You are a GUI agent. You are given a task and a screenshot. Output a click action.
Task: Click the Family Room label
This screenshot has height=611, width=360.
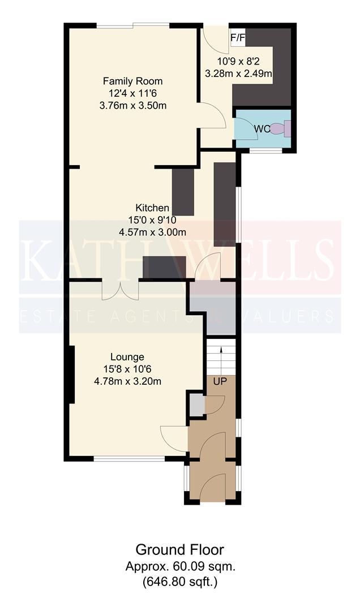(132, 81)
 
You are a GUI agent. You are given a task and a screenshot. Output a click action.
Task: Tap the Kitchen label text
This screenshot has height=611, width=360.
(152, 208)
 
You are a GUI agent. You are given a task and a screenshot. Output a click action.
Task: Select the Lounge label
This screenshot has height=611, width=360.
(127, 356)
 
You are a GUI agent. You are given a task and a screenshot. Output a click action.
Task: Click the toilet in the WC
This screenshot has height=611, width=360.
(282, 128)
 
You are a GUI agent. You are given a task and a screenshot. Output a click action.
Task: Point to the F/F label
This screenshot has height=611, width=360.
(238, 38)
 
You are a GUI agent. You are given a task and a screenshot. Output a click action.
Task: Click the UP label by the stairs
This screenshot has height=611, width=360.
(220, 382)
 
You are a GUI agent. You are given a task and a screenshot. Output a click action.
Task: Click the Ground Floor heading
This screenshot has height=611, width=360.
(180, 550)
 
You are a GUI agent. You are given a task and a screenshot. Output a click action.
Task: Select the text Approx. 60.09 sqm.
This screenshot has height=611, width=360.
(180, 566)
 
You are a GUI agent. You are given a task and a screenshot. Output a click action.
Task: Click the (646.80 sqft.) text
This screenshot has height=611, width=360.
(180, 583)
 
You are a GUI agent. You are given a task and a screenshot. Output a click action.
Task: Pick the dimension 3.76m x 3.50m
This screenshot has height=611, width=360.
(133, 106)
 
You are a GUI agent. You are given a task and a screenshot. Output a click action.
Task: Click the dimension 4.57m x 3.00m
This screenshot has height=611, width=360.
(152, 233)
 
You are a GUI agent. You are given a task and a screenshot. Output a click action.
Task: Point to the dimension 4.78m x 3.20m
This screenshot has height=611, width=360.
(127, 381)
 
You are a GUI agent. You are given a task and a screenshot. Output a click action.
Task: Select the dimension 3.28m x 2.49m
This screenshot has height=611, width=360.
(238, 73)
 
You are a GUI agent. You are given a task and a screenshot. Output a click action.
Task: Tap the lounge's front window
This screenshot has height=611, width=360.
(130, 459)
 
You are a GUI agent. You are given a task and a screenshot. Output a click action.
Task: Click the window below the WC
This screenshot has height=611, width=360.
(265, 151)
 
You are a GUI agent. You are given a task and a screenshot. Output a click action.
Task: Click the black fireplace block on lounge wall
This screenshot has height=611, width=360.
(71, 375)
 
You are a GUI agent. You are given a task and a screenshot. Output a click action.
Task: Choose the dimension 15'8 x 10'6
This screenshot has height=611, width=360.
(127, 369)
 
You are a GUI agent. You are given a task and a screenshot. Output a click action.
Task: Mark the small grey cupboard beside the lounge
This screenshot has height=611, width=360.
(197, 405)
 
